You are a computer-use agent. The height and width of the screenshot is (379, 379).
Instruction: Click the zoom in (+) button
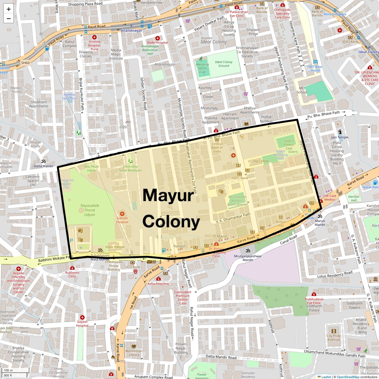click(x=9, y=9)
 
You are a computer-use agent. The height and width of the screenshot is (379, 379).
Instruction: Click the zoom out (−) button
click(x=9, y=18)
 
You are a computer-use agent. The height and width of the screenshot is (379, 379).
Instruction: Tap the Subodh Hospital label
click(x=122, y=220)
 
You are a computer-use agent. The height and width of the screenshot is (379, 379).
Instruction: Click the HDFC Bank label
click(x=240, y=178)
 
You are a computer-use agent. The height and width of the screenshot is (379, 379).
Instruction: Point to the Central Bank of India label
click(x=217, y=147)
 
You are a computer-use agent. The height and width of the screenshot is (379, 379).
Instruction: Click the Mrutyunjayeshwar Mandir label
click(x=248, y=258)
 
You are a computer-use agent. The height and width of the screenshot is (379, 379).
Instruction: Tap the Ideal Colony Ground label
click(x=224, y=64)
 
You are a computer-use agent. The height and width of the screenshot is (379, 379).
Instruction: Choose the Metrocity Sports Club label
click(x=202, y=68)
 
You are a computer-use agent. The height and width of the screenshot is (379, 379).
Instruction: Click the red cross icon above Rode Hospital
click(x=157, y=38)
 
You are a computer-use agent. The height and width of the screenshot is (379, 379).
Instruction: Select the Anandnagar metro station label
click(x=130, y=31)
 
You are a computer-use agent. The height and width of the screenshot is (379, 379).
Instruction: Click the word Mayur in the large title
click(x=168, y=195)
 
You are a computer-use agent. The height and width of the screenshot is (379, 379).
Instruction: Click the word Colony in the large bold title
click(x=171, y=222)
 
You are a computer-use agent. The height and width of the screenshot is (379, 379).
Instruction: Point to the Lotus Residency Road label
click(x=334, y=274)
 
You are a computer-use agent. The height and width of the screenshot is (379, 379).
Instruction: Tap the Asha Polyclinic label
click(x=159, y=284)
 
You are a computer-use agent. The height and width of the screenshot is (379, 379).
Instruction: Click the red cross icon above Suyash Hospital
click(x=82, y=317)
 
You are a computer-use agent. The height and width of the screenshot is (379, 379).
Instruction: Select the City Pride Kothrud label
click(x=334, y=338)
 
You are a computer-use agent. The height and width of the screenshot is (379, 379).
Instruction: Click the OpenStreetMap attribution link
click(x=348, y=377)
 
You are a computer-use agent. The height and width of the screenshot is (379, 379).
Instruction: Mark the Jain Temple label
click(x=340, y=137)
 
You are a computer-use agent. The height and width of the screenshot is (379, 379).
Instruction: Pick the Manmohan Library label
click(x=134, y=352)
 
